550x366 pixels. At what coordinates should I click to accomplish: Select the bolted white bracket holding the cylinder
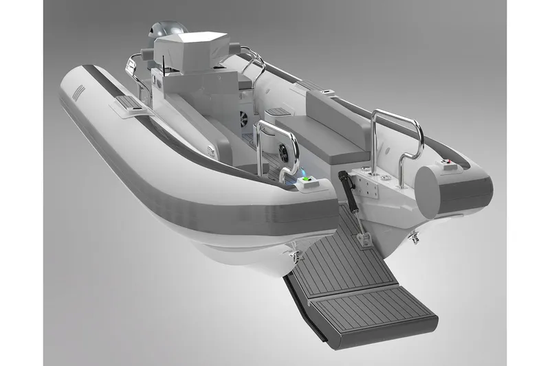(x=368, y=181)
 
